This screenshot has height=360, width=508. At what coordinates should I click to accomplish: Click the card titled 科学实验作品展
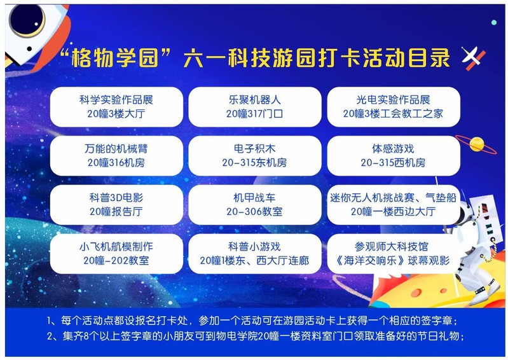point(116,107)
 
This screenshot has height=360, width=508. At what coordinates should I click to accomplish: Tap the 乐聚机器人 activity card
point(255,107)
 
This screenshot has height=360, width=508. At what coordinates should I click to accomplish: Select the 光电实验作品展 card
point(394,107)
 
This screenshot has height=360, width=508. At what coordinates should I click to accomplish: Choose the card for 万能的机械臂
point(116,156)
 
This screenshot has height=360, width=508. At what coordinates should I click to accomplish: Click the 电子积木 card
point(255,156)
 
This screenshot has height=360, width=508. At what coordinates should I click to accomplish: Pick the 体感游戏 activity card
point(394,156)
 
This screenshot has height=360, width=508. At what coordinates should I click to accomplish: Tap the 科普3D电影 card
point(116,205)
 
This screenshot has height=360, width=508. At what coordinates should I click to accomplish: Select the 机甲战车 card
point(255,205)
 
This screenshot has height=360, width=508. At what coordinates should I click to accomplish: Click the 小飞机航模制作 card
point(116,254)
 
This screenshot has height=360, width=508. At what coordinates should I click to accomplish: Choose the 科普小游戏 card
point(255,254)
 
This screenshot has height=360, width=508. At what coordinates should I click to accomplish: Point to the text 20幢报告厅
point(116,212)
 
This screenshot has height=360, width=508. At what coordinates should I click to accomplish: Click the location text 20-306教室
point(254,212)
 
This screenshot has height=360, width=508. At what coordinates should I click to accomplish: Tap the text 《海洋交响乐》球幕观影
point(393,261)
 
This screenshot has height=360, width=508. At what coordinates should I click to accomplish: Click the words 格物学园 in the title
point(115,59)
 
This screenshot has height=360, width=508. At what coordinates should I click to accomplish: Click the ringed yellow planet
point(476,144)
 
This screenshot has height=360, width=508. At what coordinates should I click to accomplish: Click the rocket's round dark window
point(27,20)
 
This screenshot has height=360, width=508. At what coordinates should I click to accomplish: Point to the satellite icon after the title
point(473,59)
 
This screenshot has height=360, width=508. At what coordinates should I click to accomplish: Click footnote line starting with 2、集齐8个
point(256,336)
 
